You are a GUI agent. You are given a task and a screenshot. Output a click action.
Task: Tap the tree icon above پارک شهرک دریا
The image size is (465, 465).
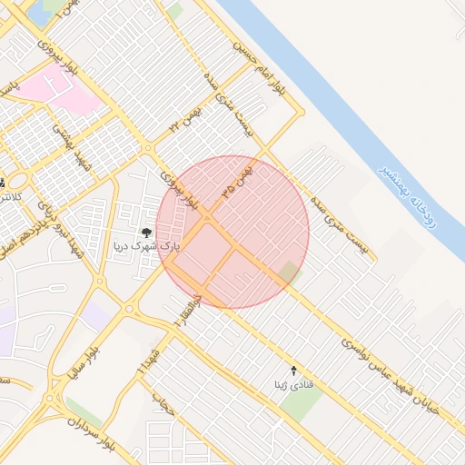tap(147, 232)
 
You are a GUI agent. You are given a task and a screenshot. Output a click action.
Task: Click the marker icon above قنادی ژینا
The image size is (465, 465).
tap(292, 371)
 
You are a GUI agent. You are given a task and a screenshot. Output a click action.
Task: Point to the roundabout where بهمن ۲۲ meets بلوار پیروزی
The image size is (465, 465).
tap(147, 148)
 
